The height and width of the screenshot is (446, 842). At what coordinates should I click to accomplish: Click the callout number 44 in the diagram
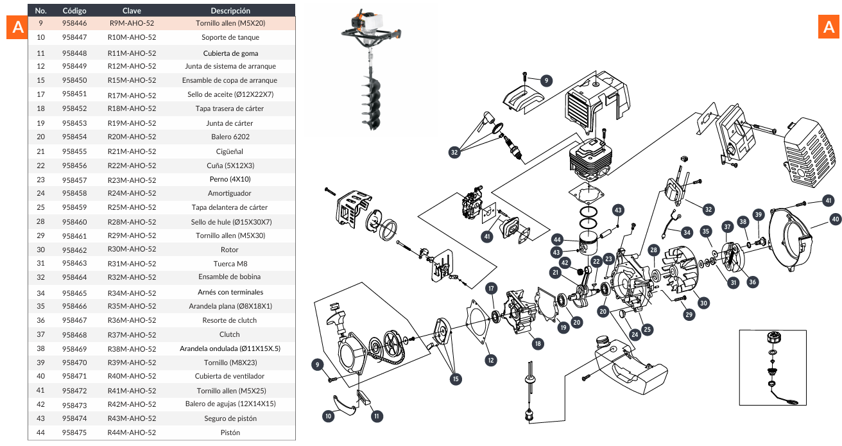[x=557, y=239]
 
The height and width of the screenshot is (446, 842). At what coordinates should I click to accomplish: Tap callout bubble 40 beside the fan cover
[x=835, y=219]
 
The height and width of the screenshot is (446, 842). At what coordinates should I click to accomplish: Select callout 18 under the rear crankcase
[x=538, y=343]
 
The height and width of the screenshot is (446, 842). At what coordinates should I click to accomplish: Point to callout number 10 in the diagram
[x=329, y=416]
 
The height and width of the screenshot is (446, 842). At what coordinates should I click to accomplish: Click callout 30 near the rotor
[x=703, y=303]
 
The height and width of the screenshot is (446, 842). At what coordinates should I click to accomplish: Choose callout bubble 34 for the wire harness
[x=687, y=232]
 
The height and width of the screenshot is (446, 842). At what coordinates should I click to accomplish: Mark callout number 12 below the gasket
[x=490, y=360]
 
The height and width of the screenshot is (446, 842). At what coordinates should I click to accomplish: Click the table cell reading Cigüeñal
[x=229, y=151]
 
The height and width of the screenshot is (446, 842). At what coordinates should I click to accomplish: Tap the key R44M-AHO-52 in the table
[x=132, y=433]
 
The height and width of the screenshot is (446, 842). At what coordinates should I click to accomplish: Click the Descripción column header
[x=230, y=11]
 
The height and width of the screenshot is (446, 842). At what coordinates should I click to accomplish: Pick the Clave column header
[x=132, y=11]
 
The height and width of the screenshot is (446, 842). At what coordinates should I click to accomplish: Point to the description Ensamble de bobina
[x=229, y=277]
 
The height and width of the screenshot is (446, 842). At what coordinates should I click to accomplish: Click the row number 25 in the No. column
[x=41, y=207]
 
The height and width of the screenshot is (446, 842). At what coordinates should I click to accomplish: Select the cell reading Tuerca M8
[x=229, y=263]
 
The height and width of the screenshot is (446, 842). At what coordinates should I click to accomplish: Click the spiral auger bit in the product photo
[x=372, y=96]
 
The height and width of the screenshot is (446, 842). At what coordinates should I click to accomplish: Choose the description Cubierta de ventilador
[x=229, y=376]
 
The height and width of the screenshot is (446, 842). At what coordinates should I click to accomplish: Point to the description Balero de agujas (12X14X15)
[x=229, y=404]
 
